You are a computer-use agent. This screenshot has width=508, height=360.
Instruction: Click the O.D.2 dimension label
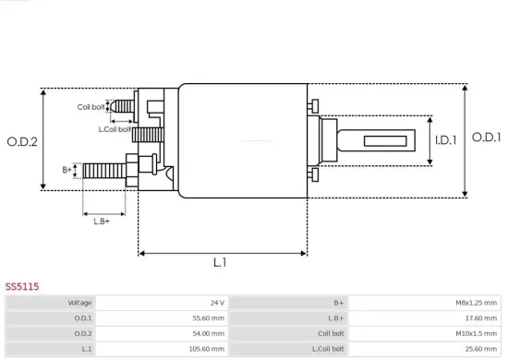coord(21,141)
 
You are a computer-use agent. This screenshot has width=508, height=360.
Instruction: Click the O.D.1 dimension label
coord(486,138)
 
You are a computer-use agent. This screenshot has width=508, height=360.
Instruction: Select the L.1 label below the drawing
coord(220,263)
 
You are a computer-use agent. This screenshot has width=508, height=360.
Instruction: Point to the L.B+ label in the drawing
coord(102,220)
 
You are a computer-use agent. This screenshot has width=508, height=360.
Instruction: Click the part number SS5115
coord(22,287)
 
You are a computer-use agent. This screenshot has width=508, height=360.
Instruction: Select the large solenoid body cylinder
coord(242,140)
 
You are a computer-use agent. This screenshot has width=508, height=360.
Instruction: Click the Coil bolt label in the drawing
coord(90,107)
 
